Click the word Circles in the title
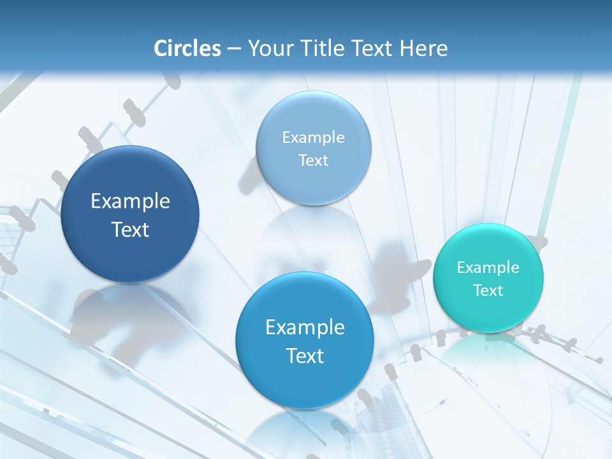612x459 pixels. [x=187, y=48]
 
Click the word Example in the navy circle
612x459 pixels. [x=130, y=201]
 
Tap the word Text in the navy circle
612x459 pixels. [x=130, y=229]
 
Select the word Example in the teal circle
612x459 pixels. [x=488, y=267]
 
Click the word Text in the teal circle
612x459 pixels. [x=488, y=291]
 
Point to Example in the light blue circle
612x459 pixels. [x=314, y=137]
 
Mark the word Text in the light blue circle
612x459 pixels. [x=314, y=161]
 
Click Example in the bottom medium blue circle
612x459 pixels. [x=305, y=328]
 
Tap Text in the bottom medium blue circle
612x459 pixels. [x=305, y=356]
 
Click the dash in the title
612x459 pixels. [x=234, y=49]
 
